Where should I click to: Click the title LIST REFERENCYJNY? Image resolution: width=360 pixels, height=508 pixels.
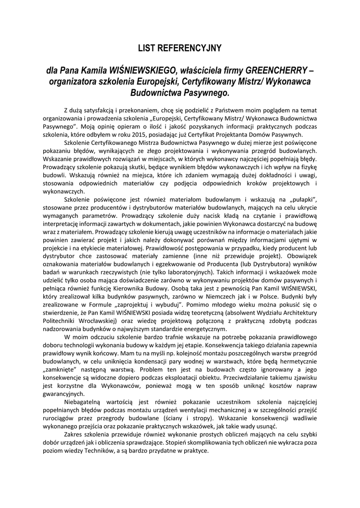pos(180,48)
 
